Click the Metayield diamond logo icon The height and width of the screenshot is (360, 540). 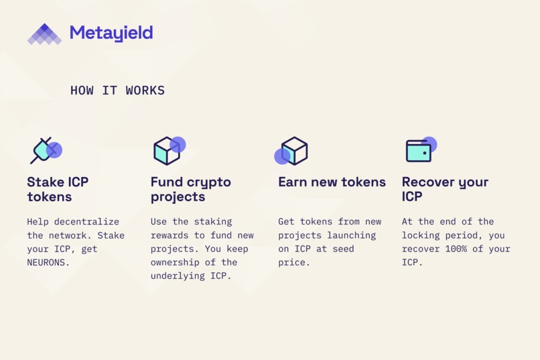44,34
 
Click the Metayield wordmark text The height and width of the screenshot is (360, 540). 111,33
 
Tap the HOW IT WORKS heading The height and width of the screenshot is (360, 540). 117,91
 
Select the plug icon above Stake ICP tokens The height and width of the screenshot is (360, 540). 45,151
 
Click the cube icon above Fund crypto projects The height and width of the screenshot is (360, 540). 167,151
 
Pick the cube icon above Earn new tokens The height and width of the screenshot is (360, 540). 293,151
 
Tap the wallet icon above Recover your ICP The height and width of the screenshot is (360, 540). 420,150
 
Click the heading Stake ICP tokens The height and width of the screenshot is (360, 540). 58,189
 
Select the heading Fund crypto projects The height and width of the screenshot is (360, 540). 190,189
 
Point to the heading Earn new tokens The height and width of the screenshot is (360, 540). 332,182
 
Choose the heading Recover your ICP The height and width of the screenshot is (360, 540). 445,189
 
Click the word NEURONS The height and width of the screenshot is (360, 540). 48,263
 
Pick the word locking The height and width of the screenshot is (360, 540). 423,235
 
